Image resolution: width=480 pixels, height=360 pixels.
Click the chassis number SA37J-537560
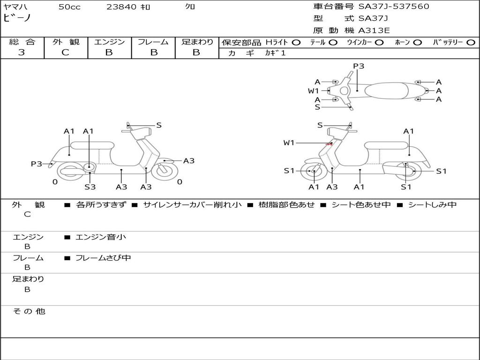pos(394,7)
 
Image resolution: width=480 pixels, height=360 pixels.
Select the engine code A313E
pos(374,31)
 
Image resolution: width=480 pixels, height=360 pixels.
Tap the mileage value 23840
pos(121,7)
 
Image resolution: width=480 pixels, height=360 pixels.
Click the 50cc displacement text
pos(69,7)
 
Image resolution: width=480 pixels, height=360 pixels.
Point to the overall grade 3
pos(22,52)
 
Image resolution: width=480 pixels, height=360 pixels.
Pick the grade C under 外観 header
pos(66,52)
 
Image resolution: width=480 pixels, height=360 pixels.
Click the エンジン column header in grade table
pos(109,42)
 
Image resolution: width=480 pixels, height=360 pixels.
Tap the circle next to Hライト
pos(296,42)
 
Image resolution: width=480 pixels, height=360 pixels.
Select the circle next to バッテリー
pos(470,42)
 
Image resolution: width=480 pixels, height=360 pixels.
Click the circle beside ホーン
pos(417,42)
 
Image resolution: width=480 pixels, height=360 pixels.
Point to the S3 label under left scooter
pos(90,187)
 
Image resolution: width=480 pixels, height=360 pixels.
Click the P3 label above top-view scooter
pos(359,66)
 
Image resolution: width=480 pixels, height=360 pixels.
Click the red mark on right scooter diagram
pos(330,144)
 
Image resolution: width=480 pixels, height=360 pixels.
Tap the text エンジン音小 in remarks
pos(101,237)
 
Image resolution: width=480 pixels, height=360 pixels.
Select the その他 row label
pos(29,311)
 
